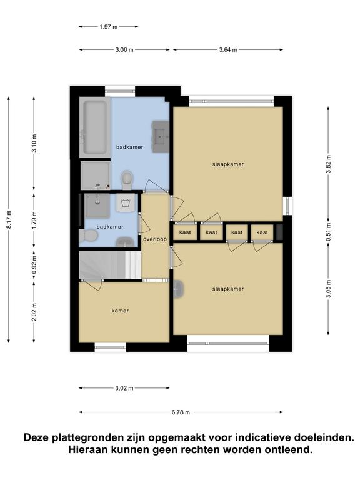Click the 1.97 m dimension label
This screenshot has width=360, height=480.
[108, 27]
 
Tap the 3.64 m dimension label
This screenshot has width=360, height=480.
[228, 50]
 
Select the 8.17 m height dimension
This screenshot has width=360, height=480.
[9, 219]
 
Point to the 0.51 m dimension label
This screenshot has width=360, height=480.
[329, 232]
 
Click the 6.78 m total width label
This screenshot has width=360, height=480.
[181, 412]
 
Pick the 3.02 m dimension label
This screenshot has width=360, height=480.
[124, 388]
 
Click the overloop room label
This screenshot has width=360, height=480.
[155, 239]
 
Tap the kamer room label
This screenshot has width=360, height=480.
[120, 311]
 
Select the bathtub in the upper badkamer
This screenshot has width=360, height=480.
[95, 127]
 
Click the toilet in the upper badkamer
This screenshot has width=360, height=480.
[127, 180]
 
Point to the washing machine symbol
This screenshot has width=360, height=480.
[125, 202]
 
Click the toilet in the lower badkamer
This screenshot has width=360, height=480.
[88, 236]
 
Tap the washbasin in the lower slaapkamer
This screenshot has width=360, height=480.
[179, 289]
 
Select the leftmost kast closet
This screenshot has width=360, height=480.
[185, 232]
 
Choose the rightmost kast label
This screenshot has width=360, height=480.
[262, 232]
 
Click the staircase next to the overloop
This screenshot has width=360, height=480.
[110, 265]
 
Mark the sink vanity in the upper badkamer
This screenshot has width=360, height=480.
[160, 136]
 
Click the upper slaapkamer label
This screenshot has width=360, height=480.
[228, 164]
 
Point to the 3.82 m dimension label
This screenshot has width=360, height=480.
[329, 164]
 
